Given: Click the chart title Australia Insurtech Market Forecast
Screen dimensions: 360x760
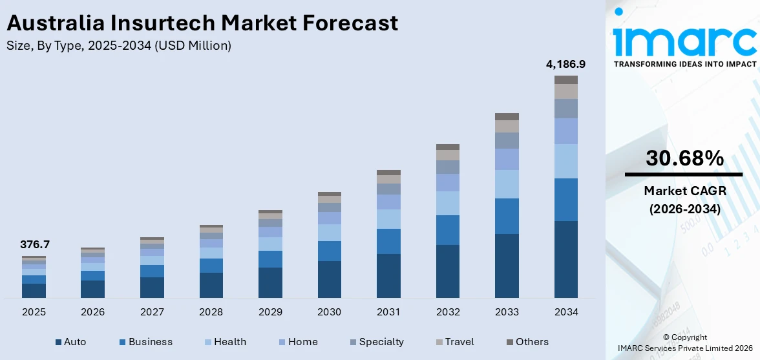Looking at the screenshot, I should click(202, 23).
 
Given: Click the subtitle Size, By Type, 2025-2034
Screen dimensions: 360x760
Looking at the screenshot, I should click(118, 46).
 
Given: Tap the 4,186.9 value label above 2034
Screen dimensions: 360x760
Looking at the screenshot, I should click(566, 64).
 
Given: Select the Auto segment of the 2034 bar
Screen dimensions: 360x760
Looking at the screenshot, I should click(566, 259).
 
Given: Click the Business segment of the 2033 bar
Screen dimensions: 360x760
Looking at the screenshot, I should click(507, 216).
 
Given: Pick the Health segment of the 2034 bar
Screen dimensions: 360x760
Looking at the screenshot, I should click(566, 161).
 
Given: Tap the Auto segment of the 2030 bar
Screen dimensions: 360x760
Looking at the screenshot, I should click(329, 279).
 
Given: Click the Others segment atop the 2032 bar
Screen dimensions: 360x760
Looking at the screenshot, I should click(447, 147).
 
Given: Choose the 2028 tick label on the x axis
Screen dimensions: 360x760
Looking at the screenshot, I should click(211, 312).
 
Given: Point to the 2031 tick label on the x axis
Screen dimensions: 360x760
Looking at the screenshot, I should click(388, 312).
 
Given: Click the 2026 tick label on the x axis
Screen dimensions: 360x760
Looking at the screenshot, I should click(92, 312).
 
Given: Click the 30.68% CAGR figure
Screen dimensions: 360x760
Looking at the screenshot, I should click(684, 158).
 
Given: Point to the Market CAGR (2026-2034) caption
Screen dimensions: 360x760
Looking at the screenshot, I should click(684, 200).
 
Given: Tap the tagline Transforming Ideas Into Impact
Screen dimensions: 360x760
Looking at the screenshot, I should click(684, 64).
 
